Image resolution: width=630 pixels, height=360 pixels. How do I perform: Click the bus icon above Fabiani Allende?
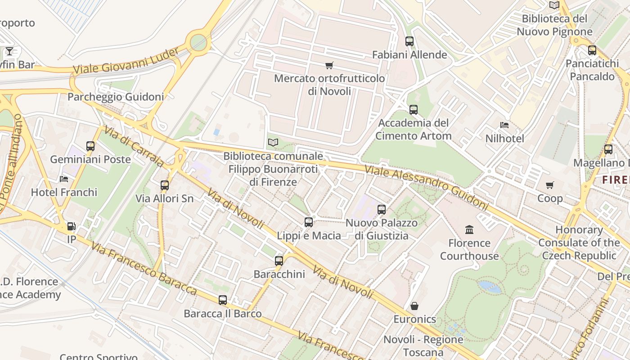409,41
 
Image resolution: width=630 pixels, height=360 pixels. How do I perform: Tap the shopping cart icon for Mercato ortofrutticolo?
329,66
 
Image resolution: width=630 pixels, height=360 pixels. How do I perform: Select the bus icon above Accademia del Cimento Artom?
413,109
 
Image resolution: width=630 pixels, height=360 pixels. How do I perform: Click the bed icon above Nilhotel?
504,125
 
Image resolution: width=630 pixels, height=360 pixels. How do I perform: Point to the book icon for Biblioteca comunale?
273,143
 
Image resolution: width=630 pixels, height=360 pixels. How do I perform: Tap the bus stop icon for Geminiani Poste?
90,146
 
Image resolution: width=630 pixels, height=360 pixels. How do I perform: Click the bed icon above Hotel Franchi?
64,179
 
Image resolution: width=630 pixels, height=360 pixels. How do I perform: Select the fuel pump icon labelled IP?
71,226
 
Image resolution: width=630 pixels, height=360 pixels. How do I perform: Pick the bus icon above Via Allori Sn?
165,185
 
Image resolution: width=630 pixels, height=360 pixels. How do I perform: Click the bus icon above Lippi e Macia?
309,222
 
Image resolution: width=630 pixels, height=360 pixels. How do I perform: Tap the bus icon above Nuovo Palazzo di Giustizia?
382,209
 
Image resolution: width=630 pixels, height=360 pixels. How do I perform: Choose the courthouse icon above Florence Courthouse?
469,229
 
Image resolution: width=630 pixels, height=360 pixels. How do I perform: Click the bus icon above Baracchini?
279,261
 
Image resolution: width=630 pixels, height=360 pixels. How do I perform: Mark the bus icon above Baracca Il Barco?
223,300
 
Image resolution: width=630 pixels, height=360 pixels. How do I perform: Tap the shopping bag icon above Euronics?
414,306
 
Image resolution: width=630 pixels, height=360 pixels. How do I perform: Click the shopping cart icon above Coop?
549,185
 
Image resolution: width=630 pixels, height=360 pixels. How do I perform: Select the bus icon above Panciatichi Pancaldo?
592,50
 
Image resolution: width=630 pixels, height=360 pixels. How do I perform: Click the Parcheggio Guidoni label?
116,97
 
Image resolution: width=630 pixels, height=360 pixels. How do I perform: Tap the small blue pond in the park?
490,287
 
